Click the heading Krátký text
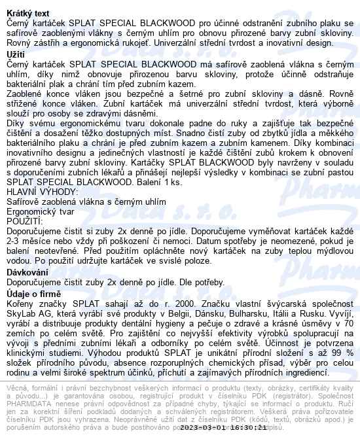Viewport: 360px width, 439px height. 29,13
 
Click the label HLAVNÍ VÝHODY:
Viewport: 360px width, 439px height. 41,192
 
